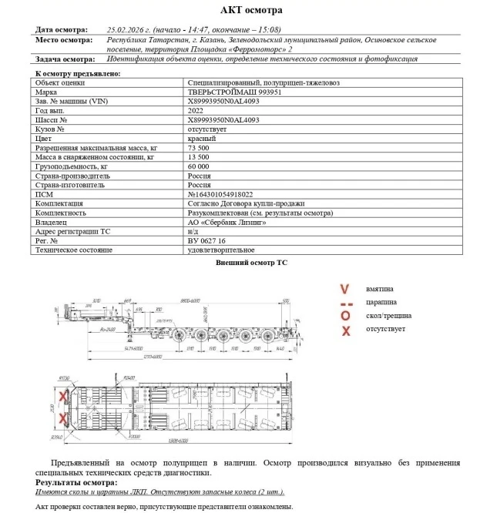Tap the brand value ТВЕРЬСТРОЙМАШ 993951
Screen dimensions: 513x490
231,91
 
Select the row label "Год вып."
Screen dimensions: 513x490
54,111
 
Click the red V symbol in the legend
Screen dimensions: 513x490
344,289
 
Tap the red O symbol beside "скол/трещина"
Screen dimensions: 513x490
345,316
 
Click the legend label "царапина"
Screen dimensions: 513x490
383,303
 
